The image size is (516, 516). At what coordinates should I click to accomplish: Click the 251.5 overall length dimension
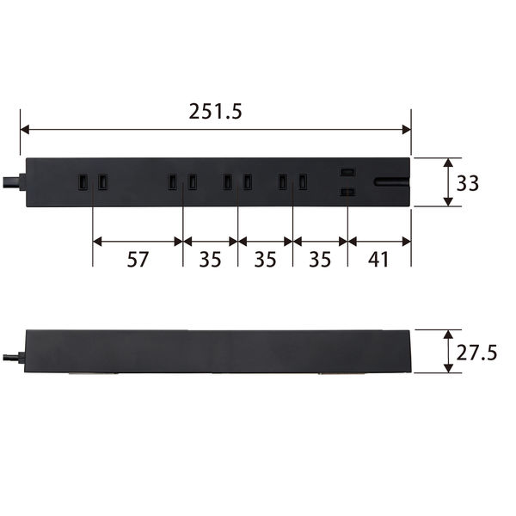(x=215, y=111)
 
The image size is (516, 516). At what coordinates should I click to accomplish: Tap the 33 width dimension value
(x=467, y=183)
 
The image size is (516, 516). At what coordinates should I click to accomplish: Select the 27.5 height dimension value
(x=476, y=353)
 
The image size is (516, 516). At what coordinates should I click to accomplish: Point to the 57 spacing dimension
(x=138, y=259)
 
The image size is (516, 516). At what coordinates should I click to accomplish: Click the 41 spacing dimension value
(x=378, y=259)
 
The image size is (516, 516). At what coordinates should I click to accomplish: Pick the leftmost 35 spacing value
(x=210, y=259)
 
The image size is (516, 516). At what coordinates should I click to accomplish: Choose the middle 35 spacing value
(x=265, y=259)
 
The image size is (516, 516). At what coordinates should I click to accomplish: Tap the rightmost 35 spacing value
(x=320, y=259)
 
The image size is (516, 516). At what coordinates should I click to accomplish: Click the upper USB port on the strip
(x=347, y=172)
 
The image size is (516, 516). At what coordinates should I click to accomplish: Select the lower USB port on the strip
(x=347, y=192)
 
